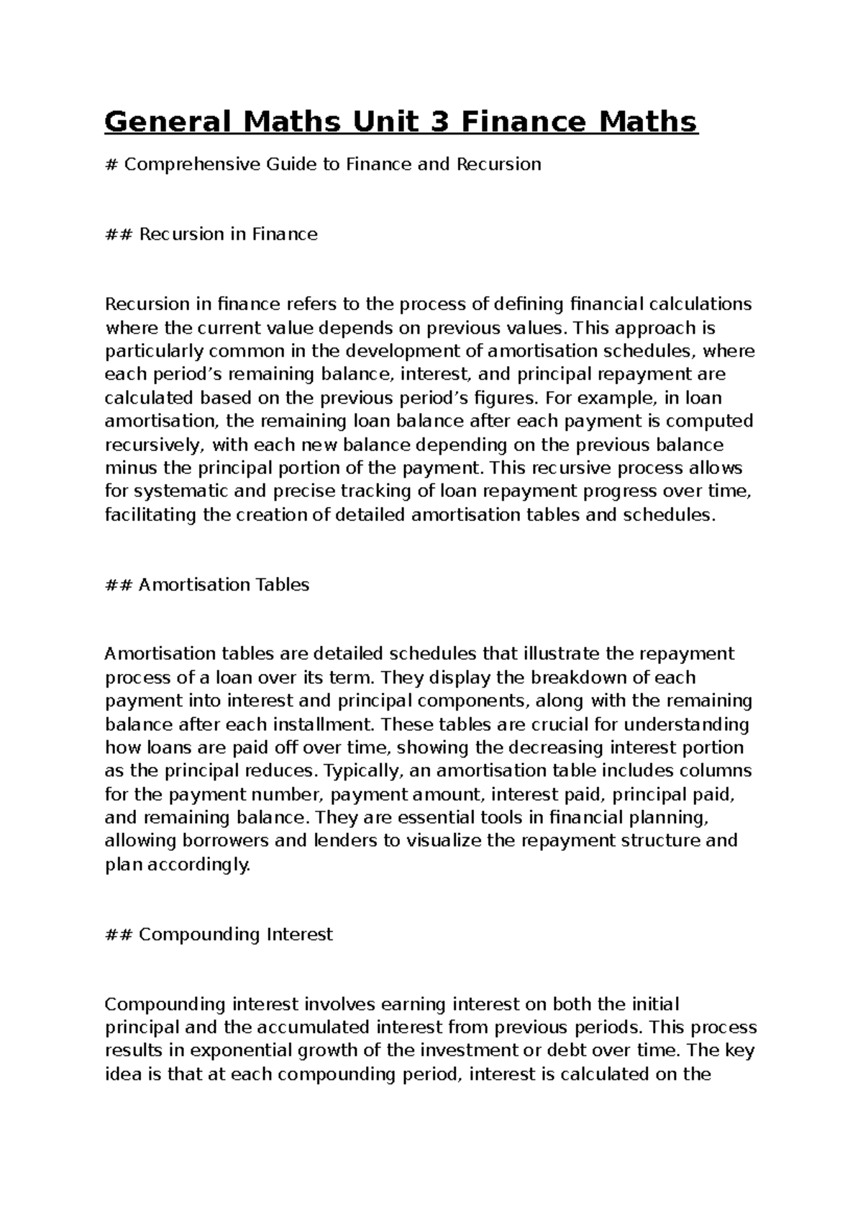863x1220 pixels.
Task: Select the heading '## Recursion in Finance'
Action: [x=211, y=235]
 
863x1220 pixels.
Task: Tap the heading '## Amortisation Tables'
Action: [x=207, y=585]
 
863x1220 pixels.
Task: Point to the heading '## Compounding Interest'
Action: [x=219, y=935]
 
